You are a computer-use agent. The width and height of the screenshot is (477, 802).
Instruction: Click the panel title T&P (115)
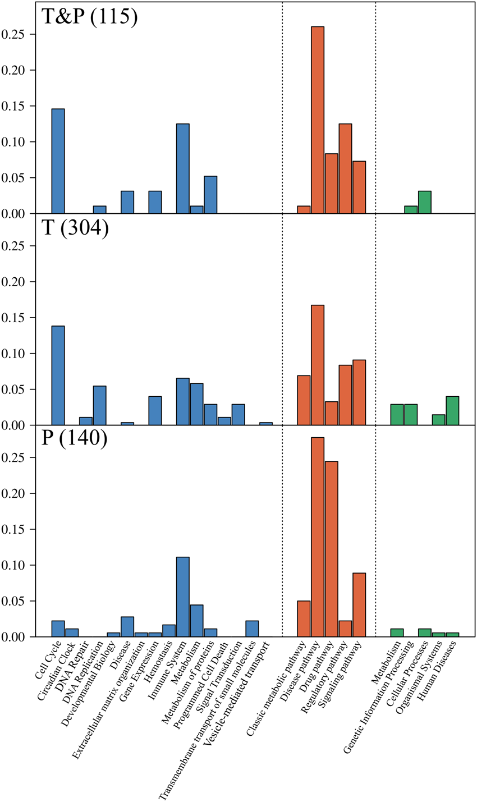89,17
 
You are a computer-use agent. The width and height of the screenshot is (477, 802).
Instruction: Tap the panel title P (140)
74,438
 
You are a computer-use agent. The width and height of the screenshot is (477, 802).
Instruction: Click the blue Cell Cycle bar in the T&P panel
58,161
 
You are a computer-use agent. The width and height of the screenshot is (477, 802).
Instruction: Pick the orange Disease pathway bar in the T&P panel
318,120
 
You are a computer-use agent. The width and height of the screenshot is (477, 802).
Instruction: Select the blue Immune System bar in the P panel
183,597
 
